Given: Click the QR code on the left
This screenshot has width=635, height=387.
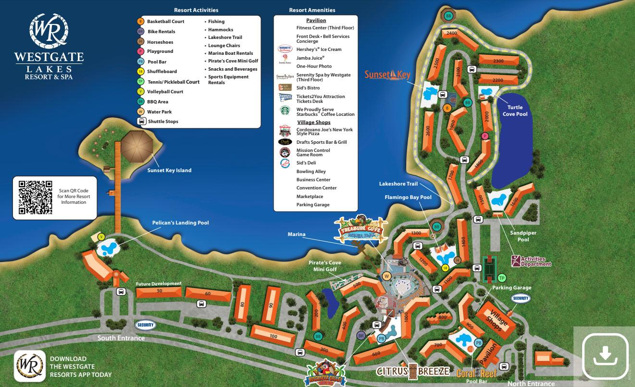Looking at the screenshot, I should pos(35,197).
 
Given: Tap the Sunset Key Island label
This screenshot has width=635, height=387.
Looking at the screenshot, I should pos(169,170).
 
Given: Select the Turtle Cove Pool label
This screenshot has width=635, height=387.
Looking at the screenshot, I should pos(515,111).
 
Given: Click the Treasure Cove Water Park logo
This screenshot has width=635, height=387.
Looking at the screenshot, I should pos(361,229).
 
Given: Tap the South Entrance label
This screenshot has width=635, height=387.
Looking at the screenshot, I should pos(121,338).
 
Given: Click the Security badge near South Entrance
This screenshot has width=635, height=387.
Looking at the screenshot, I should pos(145,325).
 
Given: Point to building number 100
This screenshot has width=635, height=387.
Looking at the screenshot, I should pos(273,336).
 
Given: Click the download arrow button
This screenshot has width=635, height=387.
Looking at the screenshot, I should pos(605,356).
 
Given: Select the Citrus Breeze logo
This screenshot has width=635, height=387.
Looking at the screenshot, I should pos(413,371).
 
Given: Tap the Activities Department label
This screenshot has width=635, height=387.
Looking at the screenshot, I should pos(531,262).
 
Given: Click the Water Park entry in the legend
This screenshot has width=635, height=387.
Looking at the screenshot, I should pos(159,112).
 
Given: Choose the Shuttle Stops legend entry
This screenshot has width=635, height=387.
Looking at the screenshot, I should pos(162,122).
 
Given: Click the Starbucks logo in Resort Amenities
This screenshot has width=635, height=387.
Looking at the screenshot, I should pos(285,111).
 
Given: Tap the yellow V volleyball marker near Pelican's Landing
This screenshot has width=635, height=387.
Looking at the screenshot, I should pos(101,237).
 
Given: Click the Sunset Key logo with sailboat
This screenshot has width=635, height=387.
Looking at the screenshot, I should pos(387,75).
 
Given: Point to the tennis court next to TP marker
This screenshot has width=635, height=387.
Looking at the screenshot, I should pos(489,270).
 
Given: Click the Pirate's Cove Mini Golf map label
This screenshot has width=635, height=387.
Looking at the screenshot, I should pos(324,266).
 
